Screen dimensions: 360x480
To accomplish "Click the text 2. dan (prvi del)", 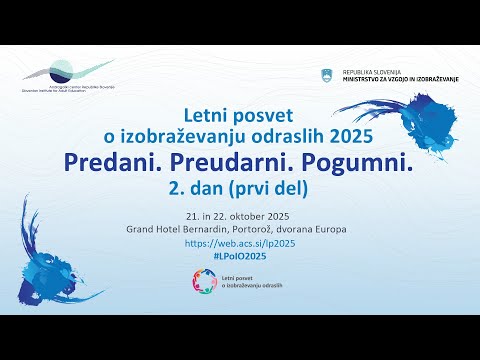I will (x=240, y=186).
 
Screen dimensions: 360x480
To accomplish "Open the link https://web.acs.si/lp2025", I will (x=240, y=243).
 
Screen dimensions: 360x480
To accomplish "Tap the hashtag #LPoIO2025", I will (x=240, y=257).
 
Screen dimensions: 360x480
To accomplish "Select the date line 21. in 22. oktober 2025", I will (x=240, y=215).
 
